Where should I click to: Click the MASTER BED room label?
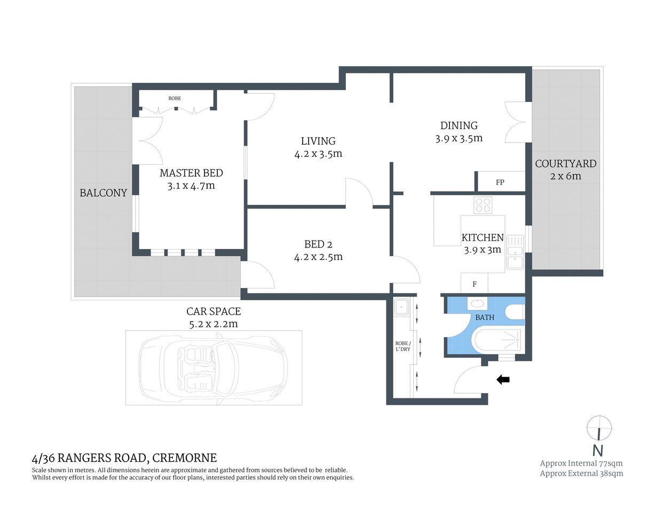point(191,173)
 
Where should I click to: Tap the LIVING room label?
point(318,141)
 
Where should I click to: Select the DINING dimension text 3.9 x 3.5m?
point(459,139)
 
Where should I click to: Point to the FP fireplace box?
point(500,182)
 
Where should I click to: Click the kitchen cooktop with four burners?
point(483,205)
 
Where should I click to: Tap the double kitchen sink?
point(515,252)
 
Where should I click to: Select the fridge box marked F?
point(475,284)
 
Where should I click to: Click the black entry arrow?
point(503,380)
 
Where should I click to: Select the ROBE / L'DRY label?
point(402,346)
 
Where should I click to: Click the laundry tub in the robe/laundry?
point(400,307)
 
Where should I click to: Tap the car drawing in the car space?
point(214,367)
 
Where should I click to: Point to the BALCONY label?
point(103,193)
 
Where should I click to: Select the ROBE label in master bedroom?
point(175,99)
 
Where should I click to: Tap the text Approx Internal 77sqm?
point(581,463)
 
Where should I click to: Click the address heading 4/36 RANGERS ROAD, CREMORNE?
point(124,458)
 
